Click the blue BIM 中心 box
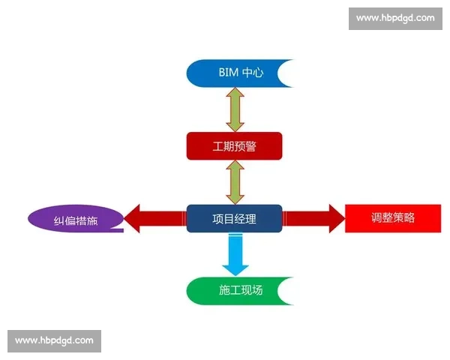coord(232,73)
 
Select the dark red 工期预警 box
coord(234,145)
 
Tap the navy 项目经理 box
coord(234,219)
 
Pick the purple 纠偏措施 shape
coord(75,220)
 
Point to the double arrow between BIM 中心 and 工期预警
coord(234,109)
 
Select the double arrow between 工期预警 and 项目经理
coord(234,182)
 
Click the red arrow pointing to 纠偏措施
coord(154,219)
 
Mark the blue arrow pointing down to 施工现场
coord(234,254)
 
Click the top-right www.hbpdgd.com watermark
coord(395,18)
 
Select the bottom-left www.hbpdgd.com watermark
coord(54,341)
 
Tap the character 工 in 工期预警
coord(218,146)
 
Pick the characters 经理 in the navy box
coord(245,219)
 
